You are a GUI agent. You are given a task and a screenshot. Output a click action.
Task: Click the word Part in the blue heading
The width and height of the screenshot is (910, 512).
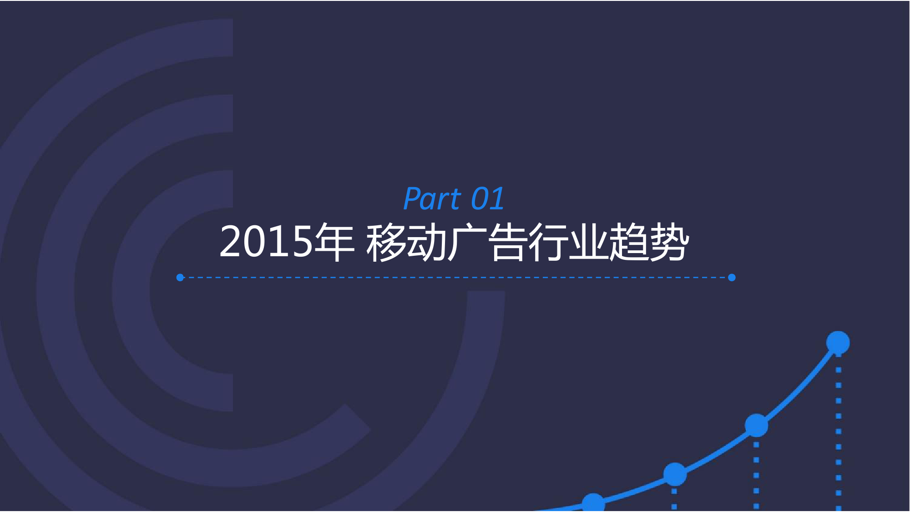click(432, 198)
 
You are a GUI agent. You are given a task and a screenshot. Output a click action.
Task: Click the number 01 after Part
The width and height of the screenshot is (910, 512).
click(487, 198)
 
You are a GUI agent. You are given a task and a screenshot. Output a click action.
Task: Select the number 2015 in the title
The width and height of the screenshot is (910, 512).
click(266, 242)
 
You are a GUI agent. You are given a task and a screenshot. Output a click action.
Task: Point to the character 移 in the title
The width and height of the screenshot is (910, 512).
click(386, 242)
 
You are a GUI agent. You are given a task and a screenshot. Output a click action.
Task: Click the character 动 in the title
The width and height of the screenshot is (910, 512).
click(427, 242)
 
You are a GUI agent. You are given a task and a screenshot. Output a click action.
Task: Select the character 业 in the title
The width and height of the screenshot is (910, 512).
click(589, 242)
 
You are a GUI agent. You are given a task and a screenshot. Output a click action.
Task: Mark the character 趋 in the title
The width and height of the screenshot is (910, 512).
click(629, 242)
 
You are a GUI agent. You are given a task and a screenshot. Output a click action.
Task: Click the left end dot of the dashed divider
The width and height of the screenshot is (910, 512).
click(180, 278)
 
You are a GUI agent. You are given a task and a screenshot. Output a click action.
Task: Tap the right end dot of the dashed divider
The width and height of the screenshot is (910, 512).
click(732, 278)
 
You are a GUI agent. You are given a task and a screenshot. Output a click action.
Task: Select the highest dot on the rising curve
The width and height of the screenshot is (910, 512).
click(838, 343)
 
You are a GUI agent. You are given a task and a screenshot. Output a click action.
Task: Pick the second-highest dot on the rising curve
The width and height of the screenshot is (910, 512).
click(756, 426)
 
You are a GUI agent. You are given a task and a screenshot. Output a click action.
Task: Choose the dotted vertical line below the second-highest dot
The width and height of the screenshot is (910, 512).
click(756, 475)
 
